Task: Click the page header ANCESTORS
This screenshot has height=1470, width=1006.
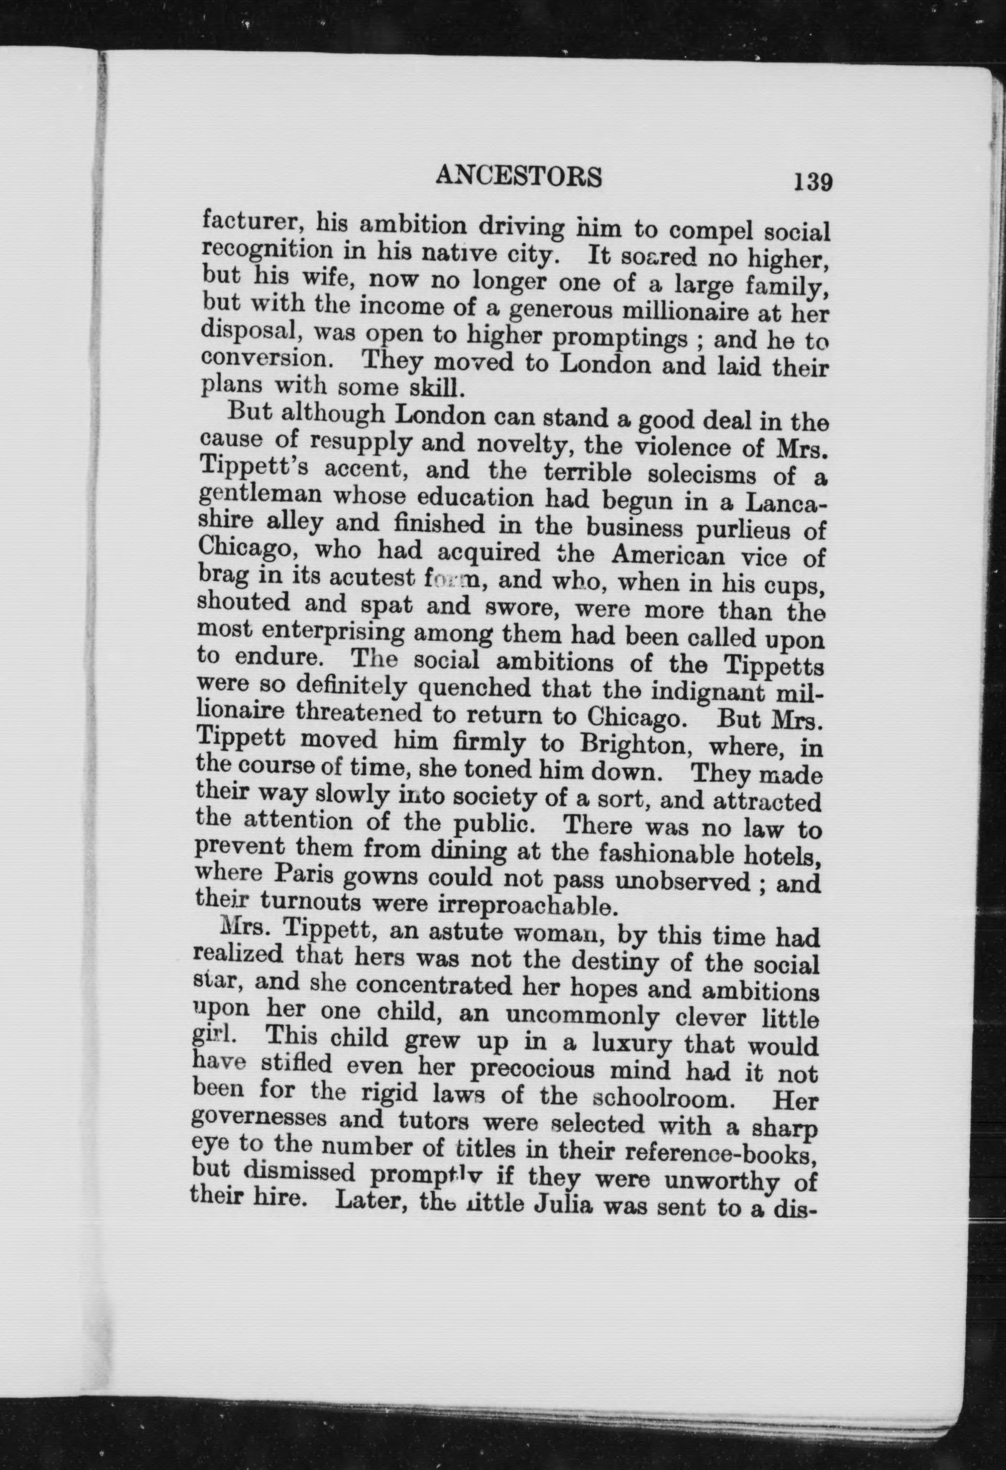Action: click(519, 176)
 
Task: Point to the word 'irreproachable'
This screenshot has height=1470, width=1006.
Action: click(525, 905)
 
